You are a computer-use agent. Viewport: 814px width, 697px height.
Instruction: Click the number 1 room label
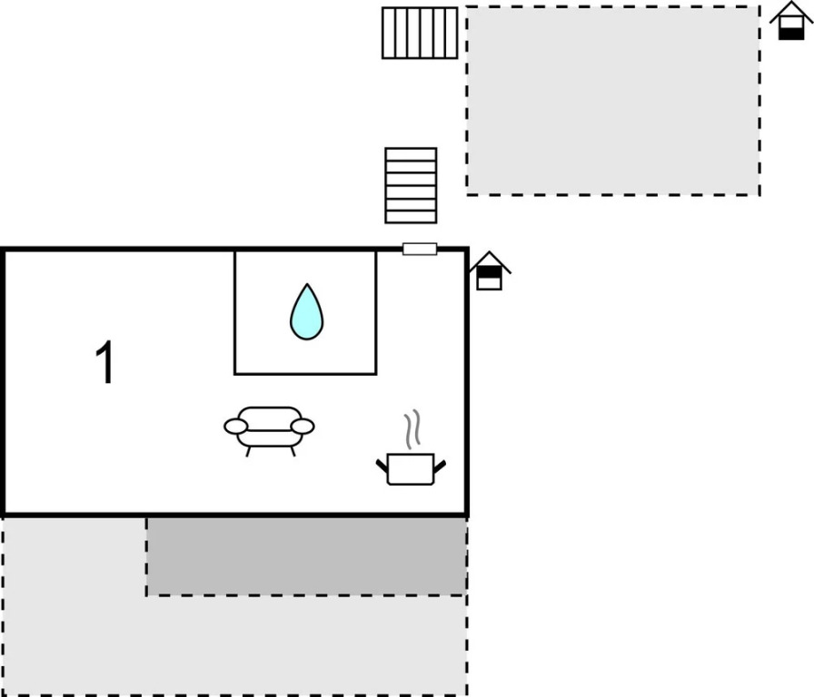point(105,362)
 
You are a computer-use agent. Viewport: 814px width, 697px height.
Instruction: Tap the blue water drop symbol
point(306,312)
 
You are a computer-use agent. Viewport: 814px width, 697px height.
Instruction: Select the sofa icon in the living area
point(269,430)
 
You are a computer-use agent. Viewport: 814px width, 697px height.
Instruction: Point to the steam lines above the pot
point(412,429)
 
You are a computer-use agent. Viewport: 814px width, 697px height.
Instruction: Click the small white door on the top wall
point(420,249)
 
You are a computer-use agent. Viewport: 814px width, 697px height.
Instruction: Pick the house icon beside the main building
point(489,270)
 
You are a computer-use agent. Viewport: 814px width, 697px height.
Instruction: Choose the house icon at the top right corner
point(791,21)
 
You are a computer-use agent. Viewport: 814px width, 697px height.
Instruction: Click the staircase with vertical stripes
point(420,33)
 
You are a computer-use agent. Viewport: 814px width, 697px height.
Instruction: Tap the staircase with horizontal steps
point(411,186)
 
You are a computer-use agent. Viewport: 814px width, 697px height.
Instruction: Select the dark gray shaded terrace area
point(306,556)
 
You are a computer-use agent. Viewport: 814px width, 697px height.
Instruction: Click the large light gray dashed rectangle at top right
point(613,101)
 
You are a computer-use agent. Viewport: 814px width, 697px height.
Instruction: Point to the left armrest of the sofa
point(235,427)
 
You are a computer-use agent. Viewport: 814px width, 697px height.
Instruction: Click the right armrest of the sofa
point(303,427)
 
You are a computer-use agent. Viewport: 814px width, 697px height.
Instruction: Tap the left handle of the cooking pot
point(382,466)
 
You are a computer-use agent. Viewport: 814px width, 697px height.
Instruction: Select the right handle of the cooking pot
point(440,466)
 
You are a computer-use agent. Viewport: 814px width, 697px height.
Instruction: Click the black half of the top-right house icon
point(791,34)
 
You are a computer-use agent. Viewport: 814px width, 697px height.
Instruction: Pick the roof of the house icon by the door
point(490,260)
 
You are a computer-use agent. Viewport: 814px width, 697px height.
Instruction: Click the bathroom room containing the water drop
point(305,312)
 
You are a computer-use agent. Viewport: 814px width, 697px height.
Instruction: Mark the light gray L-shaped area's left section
point(74,605)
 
